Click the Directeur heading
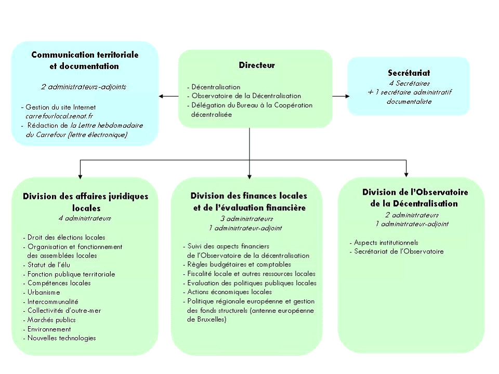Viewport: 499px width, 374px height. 257,65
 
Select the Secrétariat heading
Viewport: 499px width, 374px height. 409,73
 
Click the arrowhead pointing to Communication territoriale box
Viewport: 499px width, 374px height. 162,96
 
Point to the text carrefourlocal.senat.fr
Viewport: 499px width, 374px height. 59,116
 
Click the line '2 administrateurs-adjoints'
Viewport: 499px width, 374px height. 83,87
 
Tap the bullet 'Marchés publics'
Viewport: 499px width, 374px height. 51,320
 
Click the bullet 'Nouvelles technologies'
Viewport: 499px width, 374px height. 61,338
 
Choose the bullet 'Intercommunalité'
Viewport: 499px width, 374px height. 52,302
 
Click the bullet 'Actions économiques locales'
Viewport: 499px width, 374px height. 229,292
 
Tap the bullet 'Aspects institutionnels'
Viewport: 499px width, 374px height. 385,243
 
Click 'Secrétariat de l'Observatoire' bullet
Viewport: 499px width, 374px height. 398,251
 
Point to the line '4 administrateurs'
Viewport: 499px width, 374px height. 85,218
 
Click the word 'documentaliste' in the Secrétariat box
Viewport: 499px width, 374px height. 409,101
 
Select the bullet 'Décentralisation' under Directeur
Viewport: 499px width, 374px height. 216,87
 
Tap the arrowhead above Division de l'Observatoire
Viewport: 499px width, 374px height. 406,173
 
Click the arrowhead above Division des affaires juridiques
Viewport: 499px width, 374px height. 80,173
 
